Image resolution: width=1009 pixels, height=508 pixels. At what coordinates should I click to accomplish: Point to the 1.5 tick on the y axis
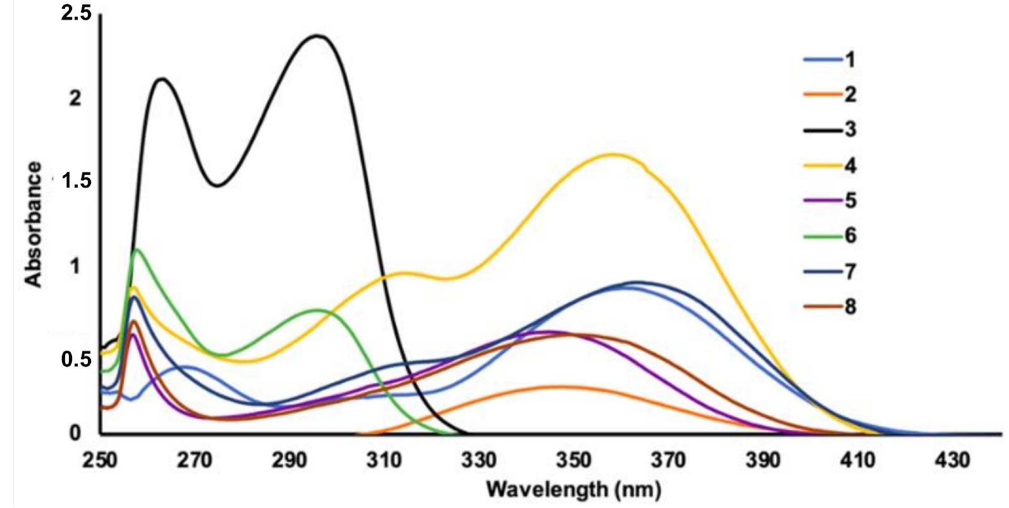76,183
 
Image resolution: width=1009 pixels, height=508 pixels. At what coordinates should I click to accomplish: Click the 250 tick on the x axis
100,460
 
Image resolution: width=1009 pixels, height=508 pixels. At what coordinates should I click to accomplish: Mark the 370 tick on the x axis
668,460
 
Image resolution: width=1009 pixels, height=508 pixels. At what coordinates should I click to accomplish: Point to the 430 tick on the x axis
952,460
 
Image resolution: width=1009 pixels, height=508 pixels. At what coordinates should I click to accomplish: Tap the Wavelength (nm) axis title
574,488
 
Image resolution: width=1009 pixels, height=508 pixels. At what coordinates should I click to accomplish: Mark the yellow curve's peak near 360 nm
612,154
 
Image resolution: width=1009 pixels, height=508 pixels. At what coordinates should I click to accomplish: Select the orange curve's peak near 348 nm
560,386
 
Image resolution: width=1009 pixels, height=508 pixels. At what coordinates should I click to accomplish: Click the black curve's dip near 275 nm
217,185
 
